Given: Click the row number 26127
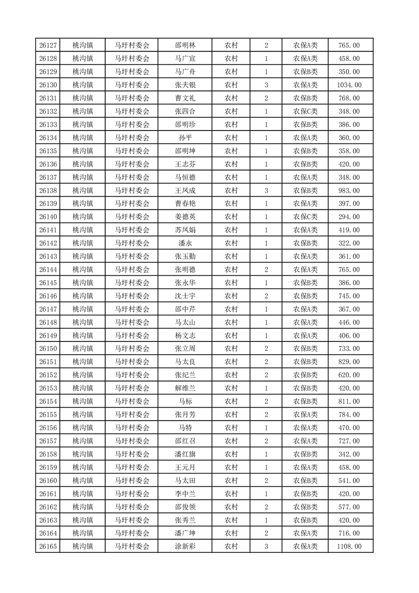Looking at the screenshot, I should [x=48, y=45].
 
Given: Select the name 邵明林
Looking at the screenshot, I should [x=185, y=45].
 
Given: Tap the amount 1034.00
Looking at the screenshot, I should [x=349, y=85].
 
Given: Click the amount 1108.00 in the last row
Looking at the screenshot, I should [x=349, y=546].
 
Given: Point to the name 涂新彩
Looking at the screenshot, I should [x=185, y=546].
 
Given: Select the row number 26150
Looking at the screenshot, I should [x=48, y=349].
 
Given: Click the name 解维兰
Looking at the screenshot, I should [x=185, y=388].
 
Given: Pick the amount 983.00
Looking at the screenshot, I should [x=349, y=190].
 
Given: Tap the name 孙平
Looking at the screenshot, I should [x=185, y=138].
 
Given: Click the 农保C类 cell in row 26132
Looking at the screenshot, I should [x=305, y=112].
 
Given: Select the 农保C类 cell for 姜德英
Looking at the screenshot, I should [x=305, y=217].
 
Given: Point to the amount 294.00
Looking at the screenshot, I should [x=349, y=217].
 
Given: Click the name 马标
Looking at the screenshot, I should [x=185, y=402].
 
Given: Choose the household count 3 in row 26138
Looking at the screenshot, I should [x=266, y=190].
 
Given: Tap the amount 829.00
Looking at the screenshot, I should [x=349, y=362].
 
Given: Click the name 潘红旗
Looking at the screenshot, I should [x=185, y=454].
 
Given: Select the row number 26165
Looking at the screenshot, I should [x=48, y=546].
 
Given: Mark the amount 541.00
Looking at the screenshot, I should [x=349, y=480].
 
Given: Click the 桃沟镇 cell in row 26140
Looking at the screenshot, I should [x=82, y=217].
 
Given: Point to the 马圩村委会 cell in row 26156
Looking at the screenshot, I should [x=132, y=428].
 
